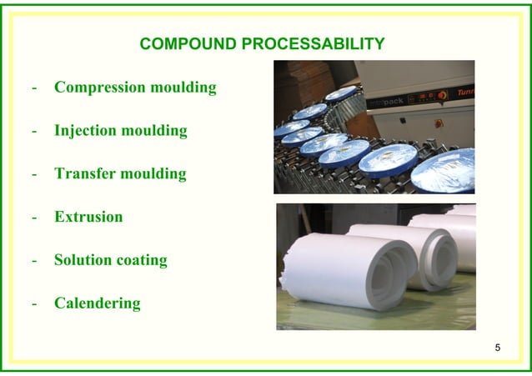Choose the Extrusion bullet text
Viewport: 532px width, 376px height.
pos(88,218)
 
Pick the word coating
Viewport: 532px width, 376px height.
pos(143,260)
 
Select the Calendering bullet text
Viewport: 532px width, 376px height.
pos(98,303)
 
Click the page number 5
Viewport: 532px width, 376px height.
pos(498,347)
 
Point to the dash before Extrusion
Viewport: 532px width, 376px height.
pos(33,218)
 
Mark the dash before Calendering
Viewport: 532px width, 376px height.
pos(33,304)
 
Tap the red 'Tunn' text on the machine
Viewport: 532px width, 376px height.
pos(465,93)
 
